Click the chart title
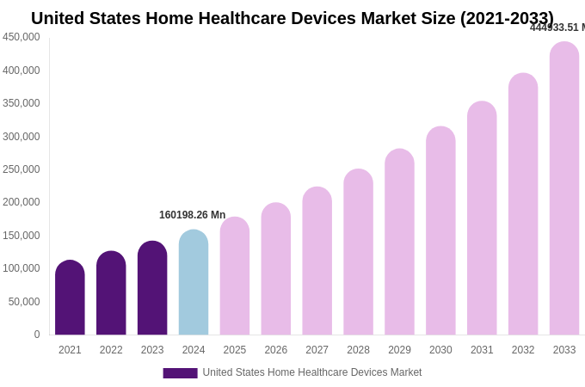[x=292, y=18]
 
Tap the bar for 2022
[x=111, y=293]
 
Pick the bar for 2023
[x=152, y=288]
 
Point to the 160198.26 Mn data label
[x=192, y=215]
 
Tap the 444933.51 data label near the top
[x=557, y=28]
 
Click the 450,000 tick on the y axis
[x=22, y=37]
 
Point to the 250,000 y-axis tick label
[x=22, y=169]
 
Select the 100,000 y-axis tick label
[x=22, y=268]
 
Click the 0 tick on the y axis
[x=36, y=335]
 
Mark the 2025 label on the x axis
[x=235, y=350]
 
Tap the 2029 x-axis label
[x=399, y=350]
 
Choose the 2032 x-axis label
[x=523, y=350]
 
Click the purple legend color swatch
[x=180, y=373]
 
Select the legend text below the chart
[x=312, y=372]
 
